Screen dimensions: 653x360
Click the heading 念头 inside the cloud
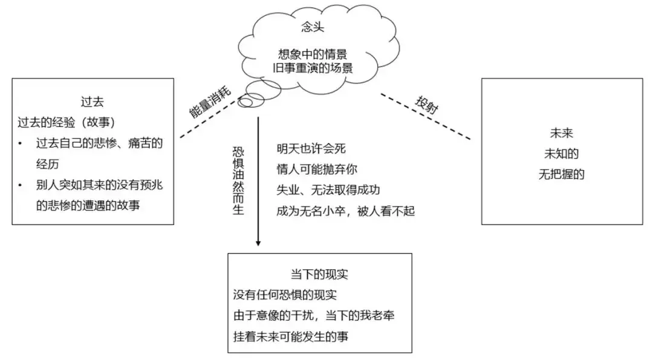(313, 27)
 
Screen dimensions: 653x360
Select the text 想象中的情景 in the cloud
(313, 54)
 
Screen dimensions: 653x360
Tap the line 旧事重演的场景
(313, 68)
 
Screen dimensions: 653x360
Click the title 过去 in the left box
(92, 102)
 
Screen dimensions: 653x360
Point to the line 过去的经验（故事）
(67, 122)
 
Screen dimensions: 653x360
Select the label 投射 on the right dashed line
(426, 105)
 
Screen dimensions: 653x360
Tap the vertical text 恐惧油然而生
(238, 180)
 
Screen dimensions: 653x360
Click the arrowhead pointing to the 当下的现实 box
(258, 243)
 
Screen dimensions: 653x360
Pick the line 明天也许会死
(311, 149)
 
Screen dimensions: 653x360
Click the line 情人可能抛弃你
(317, 169)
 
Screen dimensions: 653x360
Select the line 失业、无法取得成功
(328, 190)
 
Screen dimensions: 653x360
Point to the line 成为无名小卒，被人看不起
(346, 211)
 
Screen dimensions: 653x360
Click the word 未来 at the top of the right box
(561, 133)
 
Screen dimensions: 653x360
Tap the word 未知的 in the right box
(561, 154)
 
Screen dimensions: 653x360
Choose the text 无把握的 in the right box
(561, 174)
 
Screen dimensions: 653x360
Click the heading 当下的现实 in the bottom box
(319, 274)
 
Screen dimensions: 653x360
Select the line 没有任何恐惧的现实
(285, 295)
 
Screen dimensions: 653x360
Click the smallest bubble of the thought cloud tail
(245, 102)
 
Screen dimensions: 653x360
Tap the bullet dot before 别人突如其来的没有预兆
(20, 185)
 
